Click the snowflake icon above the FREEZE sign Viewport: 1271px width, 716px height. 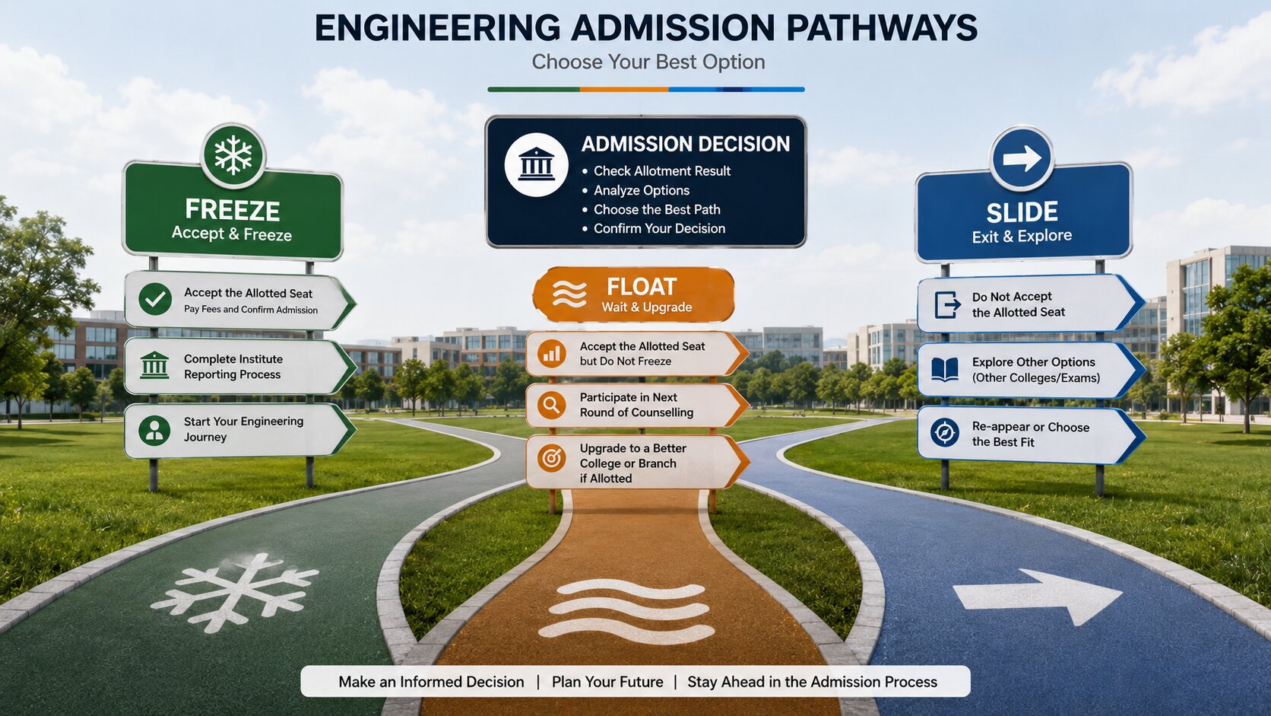click(233, 155)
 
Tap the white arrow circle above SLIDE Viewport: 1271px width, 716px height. click(1022, 158)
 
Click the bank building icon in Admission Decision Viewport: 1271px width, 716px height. click(536, 164)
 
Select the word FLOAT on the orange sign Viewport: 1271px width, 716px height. click(641, 287)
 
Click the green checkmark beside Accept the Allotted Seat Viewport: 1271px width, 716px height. click(155, 299)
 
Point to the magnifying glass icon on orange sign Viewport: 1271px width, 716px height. click(551, 405)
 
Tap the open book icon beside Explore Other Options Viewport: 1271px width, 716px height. click(945, 369)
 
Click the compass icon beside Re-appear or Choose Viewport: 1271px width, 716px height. click(945, 433)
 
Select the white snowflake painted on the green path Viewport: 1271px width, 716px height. click(234, 592)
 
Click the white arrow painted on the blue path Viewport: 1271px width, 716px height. click(1037, 597)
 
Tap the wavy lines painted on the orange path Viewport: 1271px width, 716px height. click(627, 612)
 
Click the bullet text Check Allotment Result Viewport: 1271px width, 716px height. click(661, 171)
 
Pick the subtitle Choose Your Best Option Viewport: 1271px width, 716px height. click(648, 62)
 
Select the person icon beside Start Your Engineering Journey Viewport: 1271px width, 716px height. click(154, 430)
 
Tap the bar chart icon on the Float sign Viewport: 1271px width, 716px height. click(551, 354)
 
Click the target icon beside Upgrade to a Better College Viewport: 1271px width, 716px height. click(551, 457)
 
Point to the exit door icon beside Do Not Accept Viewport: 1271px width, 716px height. click(947, 304)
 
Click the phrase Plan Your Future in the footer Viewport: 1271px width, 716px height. click(607, 681)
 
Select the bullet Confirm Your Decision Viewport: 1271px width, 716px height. click(659, 228)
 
